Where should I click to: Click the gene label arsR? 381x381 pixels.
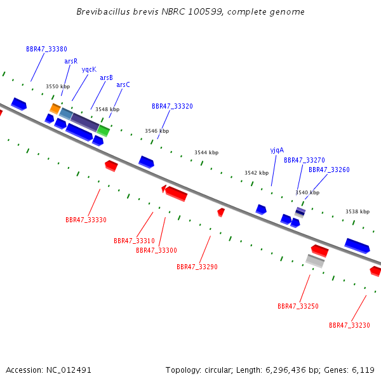[71, 61]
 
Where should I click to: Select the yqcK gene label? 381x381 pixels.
[89, 69]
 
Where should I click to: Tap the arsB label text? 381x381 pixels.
[107, 77]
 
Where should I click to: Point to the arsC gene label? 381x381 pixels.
[123, 85]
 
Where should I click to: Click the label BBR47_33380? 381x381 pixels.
[46, 49]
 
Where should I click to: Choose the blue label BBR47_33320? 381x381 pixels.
[172, 106]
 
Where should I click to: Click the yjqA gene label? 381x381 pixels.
[277, 150]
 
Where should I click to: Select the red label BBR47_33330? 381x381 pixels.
[86, 220]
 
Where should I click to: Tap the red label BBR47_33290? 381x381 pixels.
[197, 267]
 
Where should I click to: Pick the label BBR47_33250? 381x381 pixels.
[298, 306]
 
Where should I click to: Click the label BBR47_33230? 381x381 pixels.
[349, 325]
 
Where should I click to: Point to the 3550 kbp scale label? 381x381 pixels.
[58, 86]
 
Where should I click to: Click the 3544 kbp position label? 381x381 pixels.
[206, 152]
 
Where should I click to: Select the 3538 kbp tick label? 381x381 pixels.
[358, 211]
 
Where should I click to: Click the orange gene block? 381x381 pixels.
[55, 109]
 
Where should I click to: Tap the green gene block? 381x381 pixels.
[104, 131]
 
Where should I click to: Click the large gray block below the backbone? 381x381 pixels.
[315, 261]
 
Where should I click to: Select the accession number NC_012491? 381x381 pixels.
[69, 370]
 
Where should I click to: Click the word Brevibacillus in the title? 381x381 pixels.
[104, 11]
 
